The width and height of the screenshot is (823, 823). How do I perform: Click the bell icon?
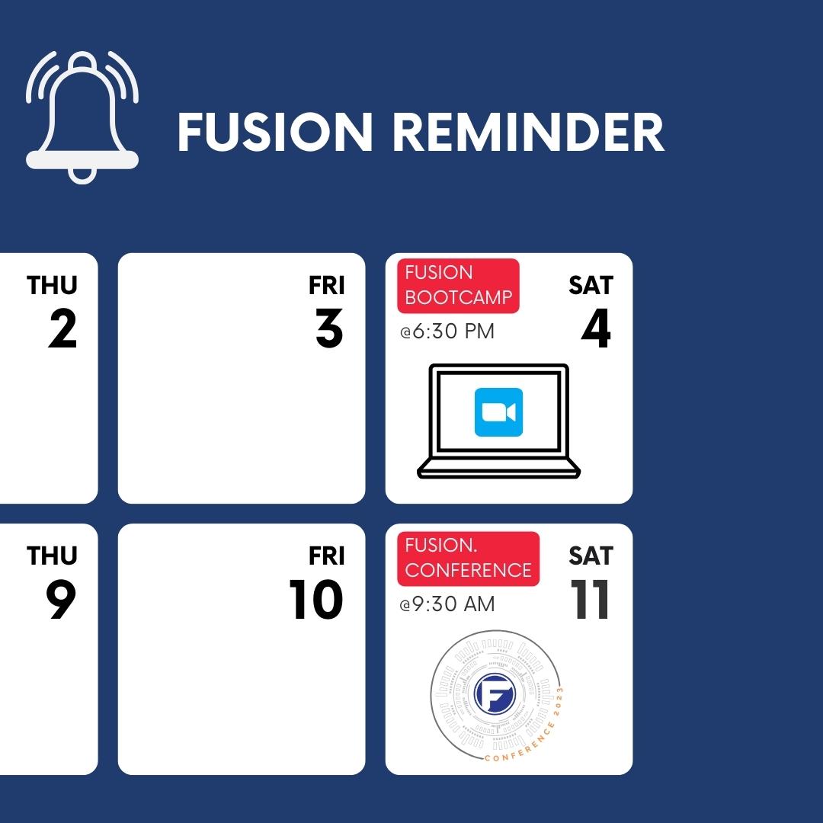[82, 118]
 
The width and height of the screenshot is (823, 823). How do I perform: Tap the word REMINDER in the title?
[529, 133]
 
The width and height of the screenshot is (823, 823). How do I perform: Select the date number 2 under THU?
[62, 329]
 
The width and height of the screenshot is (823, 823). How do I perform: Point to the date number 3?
[329, 329]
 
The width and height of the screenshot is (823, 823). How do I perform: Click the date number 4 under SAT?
[596, 329]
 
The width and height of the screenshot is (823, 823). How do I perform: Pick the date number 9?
[61, 600]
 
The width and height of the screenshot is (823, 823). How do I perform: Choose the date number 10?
[316, 600]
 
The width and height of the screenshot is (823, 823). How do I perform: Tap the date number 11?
[591, 600]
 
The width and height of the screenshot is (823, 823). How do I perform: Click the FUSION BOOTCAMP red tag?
[458, 286]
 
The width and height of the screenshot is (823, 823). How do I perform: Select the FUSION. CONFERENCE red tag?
[468, 559]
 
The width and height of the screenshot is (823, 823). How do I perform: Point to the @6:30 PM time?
[447, 332]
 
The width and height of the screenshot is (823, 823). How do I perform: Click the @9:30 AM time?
[447, 604]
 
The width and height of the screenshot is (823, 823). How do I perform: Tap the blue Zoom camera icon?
[498, 412]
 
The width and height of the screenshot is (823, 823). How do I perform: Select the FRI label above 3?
[327, 285]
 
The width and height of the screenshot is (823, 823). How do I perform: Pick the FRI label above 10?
[327, 556]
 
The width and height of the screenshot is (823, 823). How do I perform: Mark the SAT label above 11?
[591, 556]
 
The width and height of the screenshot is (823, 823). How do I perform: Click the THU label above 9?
[52, 556]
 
